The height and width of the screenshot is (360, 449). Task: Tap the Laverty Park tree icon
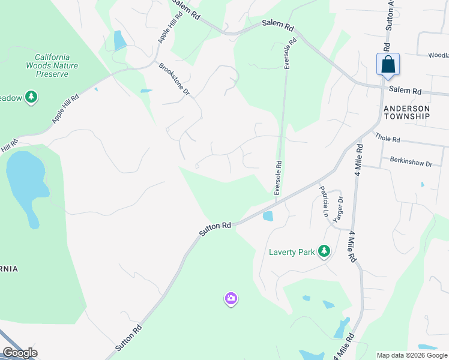pyautogui.click(x=324, y=251)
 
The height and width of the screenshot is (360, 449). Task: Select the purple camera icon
pyautogui.click(x=231, y=298)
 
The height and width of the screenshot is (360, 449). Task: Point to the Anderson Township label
pyautogui.click(x=406, y=112)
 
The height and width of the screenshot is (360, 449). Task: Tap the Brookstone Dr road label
pyautogui.click(x=174, y=80)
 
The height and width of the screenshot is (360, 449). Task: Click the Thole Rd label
pyautogui.click(x=387, y=138)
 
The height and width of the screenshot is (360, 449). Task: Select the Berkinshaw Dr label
pyautogui.click(x=411, y=162)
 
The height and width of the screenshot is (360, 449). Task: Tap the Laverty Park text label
pyautogui.click(x=292, y=252)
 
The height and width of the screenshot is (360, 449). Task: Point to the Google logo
pyautogui.click(x=19, y=353)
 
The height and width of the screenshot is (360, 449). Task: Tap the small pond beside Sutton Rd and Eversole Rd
pyautogui.click(x=268, y=216)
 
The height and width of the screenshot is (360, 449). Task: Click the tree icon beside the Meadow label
pyautogui.click(x=32, y=97)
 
